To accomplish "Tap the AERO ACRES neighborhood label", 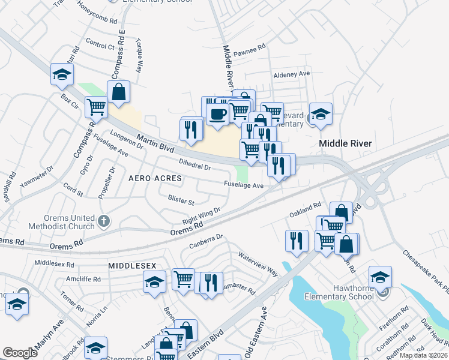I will point(155,179).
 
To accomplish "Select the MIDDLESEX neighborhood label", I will point(132,265).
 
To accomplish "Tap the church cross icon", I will point(104,221).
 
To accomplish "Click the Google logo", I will point(20,353).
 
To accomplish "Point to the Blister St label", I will point(181,199).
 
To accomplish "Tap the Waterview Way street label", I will point(259,263).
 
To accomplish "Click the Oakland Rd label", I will point(305,209).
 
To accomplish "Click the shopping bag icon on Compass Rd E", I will point(119,92).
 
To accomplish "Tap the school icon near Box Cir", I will point(62,74).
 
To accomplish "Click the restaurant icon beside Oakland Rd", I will point(297,240).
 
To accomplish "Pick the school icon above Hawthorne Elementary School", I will point(380,277).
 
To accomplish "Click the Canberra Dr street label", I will point(206,241).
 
